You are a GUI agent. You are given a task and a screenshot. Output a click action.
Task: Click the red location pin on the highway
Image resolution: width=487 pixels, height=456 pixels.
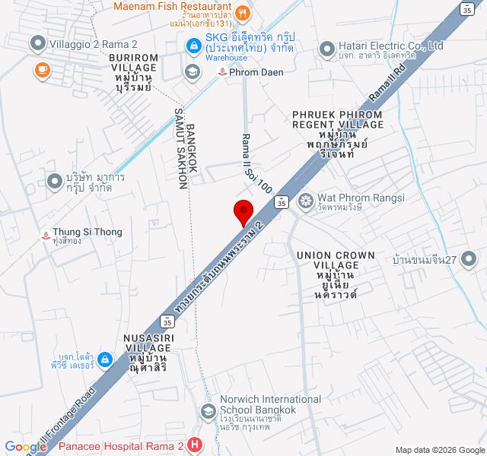243,211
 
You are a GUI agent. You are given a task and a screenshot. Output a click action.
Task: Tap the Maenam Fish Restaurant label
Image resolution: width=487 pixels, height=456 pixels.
172,8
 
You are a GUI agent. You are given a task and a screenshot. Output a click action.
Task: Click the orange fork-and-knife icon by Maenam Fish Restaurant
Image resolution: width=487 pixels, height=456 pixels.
242,11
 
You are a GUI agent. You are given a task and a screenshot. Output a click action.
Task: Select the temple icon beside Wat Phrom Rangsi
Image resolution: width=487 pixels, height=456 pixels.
306,201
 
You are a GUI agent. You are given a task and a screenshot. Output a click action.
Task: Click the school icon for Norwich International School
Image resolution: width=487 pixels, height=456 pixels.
206,411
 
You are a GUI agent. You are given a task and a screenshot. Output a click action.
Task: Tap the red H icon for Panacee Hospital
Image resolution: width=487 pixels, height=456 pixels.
196,445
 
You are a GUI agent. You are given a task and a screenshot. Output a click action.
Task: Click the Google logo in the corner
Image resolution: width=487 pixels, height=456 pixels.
25,447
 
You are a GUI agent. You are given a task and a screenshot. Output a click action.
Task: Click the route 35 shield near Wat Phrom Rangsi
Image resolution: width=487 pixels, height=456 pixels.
281,201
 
